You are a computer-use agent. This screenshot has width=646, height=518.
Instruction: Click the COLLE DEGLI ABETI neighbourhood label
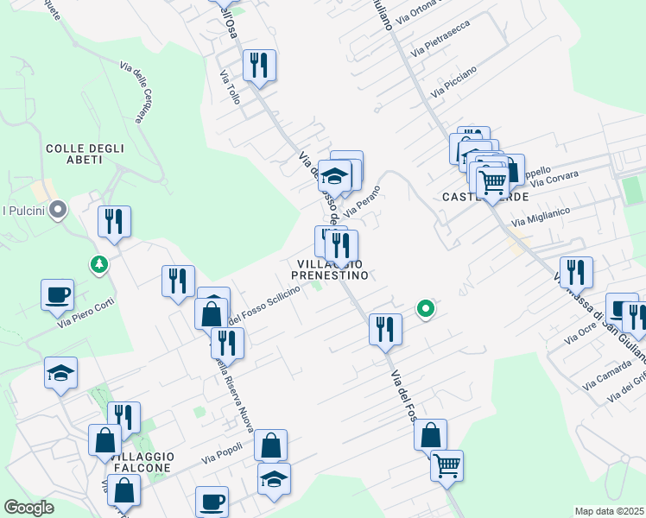click(85, 155)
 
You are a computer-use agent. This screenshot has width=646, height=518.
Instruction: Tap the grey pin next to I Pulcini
click(58, 210)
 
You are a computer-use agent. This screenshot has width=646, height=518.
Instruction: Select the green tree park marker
click(101, 263)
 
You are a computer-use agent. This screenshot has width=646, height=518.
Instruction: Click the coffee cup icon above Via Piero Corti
click(57, 294)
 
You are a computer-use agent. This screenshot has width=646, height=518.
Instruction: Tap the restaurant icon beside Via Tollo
click(259, 65)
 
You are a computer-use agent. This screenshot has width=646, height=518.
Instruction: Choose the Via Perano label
click(362, 201)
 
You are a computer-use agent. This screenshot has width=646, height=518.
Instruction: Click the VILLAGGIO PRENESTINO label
click(332, 269)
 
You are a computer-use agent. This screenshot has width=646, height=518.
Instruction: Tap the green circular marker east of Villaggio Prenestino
click(425, 307)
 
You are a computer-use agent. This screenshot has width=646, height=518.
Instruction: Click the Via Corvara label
click(554, 179)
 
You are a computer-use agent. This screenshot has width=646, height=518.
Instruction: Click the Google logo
click(28, 507)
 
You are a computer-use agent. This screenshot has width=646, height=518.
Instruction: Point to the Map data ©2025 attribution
click(609, 511)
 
